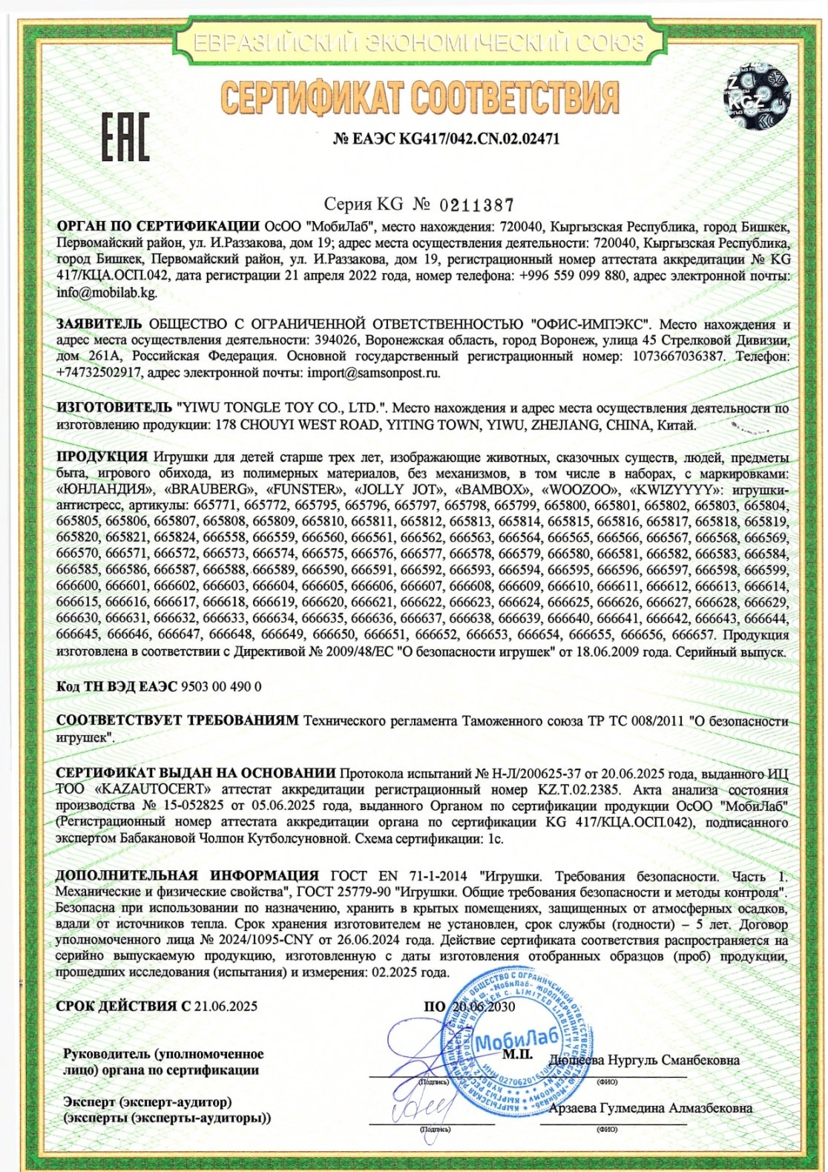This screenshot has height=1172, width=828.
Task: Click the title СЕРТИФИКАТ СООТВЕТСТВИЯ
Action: (420, 98)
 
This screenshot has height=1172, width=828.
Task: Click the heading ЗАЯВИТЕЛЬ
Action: (98, 324)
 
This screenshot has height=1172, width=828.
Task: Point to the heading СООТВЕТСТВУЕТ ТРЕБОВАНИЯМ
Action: (177, 720)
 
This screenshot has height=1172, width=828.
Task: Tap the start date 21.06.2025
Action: (226, 1006)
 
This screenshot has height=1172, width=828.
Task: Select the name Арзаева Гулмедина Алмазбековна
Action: (650, 1108)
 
